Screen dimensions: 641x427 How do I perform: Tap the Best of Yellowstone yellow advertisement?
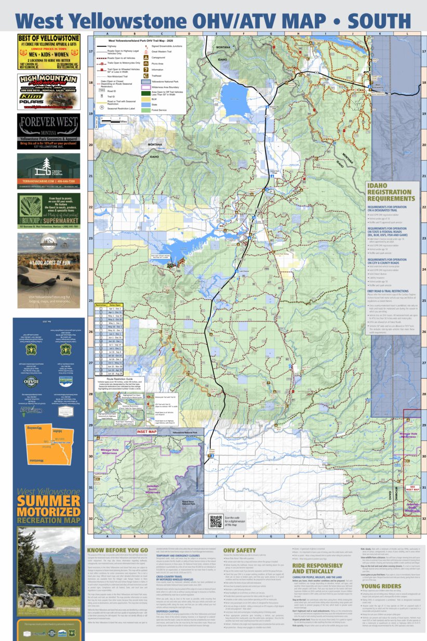(x=49, y=52)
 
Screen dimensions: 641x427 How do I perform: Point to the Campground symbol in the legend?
(x=147, y=58)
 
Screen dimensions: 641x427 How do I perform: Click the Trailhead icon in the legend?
(x=147, y=75)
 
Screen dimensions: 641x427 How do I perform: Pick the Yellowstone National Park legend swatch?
(x=147, y=82)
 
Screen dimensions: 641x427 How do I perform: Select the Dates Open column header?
(x=115, y=306)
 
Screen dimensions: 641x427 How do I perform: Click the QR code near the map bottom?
(x=216, y=520)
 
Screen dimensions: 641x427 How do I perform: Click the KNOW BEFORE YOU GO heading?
(x=117, y=550)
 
